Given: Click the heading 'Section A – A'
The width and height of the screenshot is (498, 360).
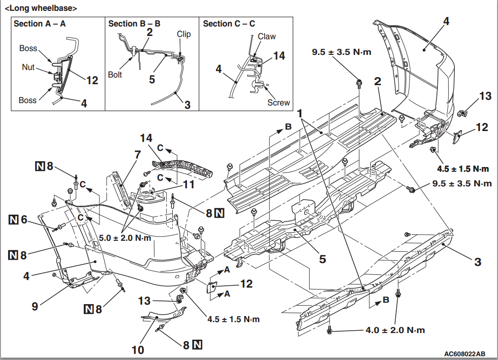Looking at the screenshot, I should tap(40, 24).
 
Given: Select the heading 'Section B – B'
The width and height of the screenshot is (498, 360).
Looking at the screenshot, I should tap(134, 24).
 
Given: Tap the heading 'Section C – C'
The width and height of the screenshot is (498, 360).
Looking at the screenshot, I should tap(230, 24).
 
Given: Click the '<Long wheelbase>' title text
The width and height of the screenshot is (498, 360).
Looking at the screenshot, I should tap(41, 8).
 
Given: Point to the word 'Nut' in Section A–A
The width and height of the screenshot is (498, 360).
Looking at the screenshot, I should tap(28, 67).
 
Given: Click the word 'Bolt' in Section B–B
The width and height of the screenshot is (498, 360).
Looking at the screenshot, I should tap(115, 74).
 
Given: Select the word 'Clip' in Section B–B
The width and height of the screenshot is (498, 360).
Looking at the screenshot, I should tap(184, 34).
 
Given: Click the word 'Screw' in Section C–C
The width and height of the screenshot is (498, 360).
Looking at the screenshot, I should tap(278, 102).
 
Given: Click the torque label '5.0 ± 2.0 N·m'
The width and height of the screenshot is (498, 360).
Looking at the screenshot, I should tap(124, 238).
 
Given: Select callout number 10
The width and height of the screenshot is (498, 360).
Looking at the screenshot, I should tap(138, 350).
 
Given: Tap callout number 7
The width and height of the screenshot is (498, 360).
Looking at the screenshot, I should tap(138, 154).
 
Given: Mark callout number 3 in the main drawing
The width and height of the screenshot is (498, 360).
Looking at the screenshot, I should tap(478, 262).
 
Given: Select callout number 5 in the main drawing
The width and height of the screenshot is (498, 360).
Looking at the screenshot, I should tap(322, 259).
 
